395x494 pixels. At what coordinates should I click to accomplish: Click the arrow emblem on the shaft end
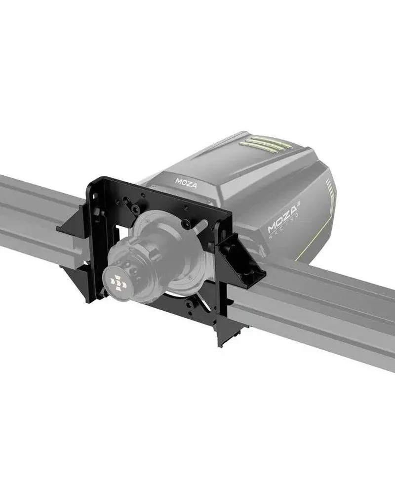pos(118,282)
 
